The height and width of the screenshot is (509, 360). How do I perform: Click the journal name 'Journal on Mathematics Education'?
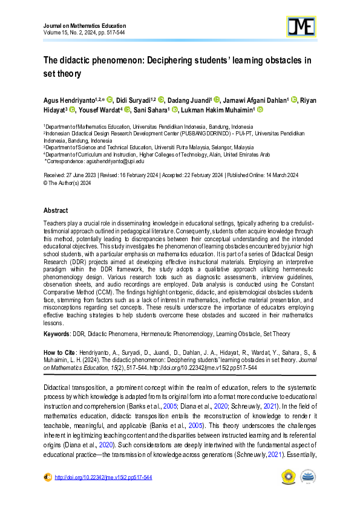[x=85, y=26]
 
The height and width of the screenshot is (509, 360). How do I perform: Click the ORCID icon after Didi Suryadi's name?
[x=161, y=100]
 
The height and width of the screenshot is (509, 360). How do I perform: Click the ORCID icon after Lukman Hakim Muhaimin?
[x=260, y=110]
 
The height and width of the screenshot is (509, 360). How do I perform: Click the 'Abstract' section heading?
[x=56, y=211]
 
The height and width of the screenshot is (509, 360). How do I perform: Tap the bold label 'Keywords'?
[x=57, y=334]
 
